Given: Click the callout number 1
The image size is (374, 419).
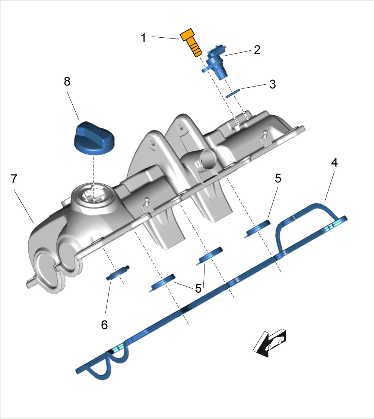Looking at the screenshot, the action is [x=143, y=37].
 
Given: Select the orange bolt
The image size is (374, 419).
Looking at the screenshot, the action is [x=191, y=43].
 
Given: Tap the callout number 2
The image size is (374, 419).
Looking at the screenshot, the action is [x=257, y=50].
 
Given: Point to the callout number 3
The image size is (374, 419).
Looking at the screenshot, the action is [x=273, y=84].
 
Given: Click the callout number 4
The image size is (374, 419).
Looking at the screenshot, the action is [x=335, y=163].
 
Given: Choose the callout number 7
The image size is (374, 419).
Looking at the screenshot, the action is [x=14, y=179].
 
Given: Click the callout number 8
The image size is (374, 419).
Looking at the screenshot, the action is [x=67, y=82].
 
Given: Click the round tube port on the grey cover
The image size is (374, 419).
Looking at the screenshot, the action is [x=203, y=159].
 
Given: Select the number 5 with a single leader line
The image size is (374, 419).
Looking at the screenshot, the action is [x=278, y=178].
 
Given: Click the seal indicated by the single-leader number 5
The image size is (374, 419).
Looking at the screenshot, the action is [x=259, y=228].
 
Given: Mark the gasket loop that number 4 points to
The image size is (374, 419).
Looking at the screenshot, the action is [x=305, y=213].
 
